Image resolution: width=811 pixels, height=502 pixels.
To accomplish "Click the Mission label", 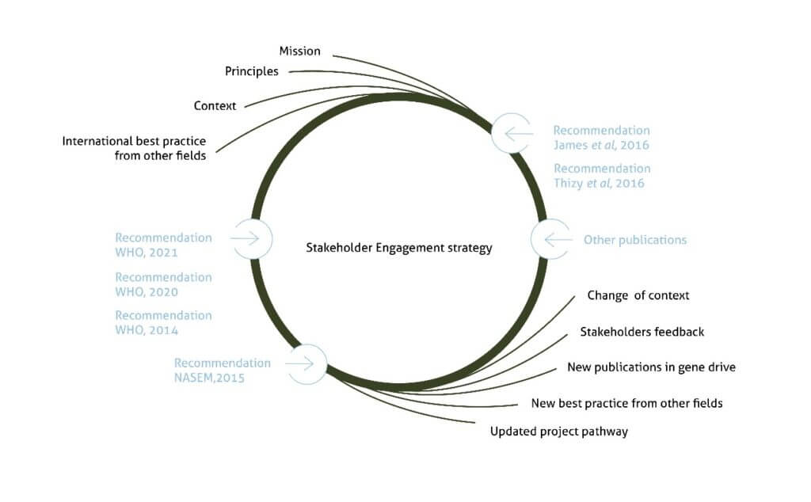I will pyautogui.click(x=299, y=51).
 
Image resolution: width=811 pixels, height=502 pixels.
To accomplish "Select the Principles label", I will pyautogui.click(x=252, y=71).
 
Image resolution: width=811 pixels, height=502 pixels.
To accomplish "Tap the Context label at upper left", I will pyautogui.click(x=215, y=105).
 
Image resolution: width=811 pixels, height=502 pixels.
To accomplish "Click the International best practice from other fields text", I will pyautogui.click(x=134, y=149).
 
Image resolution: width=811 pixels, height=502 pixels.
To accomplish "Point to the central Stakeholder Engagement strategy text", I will pyautogui.click(x=399, y=248).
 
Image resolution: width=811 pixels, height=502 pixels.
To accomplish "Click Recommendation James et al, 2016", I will pyautogui.click(x=601, y=138).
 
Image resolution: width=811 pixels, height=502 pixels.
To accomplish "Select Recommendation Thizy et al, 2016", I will pyautogui.click(x=601, y=176).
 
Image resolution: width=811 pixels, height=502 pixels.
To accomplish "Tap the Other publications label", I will pyautogui.click(x=634, y=240).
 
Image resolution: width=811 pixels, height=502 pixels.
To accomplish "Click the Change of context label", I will pyautogui.click(x=638, y=295).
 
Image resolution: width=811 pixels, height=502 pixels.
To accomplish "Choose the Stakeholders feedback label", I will pyautogui.click(x=642, y=332).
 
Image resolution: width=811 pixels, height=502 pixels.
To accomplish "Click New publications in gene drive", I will pyautogui.click(x=651, y=367).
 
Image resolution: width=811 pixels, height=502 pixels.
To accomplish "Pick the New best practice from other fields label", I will pyautogui.click(x=626, y=403).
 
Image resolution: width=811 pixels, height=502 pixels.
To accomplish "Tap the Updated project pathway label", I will pyautogui.click(x=559, y=432).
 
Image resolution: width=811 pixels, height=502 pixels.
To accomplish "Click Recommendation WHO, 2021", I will pyautogui.click(x=163, y=245).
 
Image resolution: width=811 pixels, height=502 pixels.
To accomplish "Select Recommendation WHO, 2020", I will pyautogui.click(x=163, y=285).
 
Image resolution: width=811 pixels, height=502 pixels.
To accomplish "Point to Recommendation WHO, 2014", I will pyautogui.click(x=163, y=323).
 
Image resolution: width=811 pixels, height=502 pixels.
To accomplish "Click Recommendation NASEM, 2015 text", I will pyautogui.click(x=222, y=371).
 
